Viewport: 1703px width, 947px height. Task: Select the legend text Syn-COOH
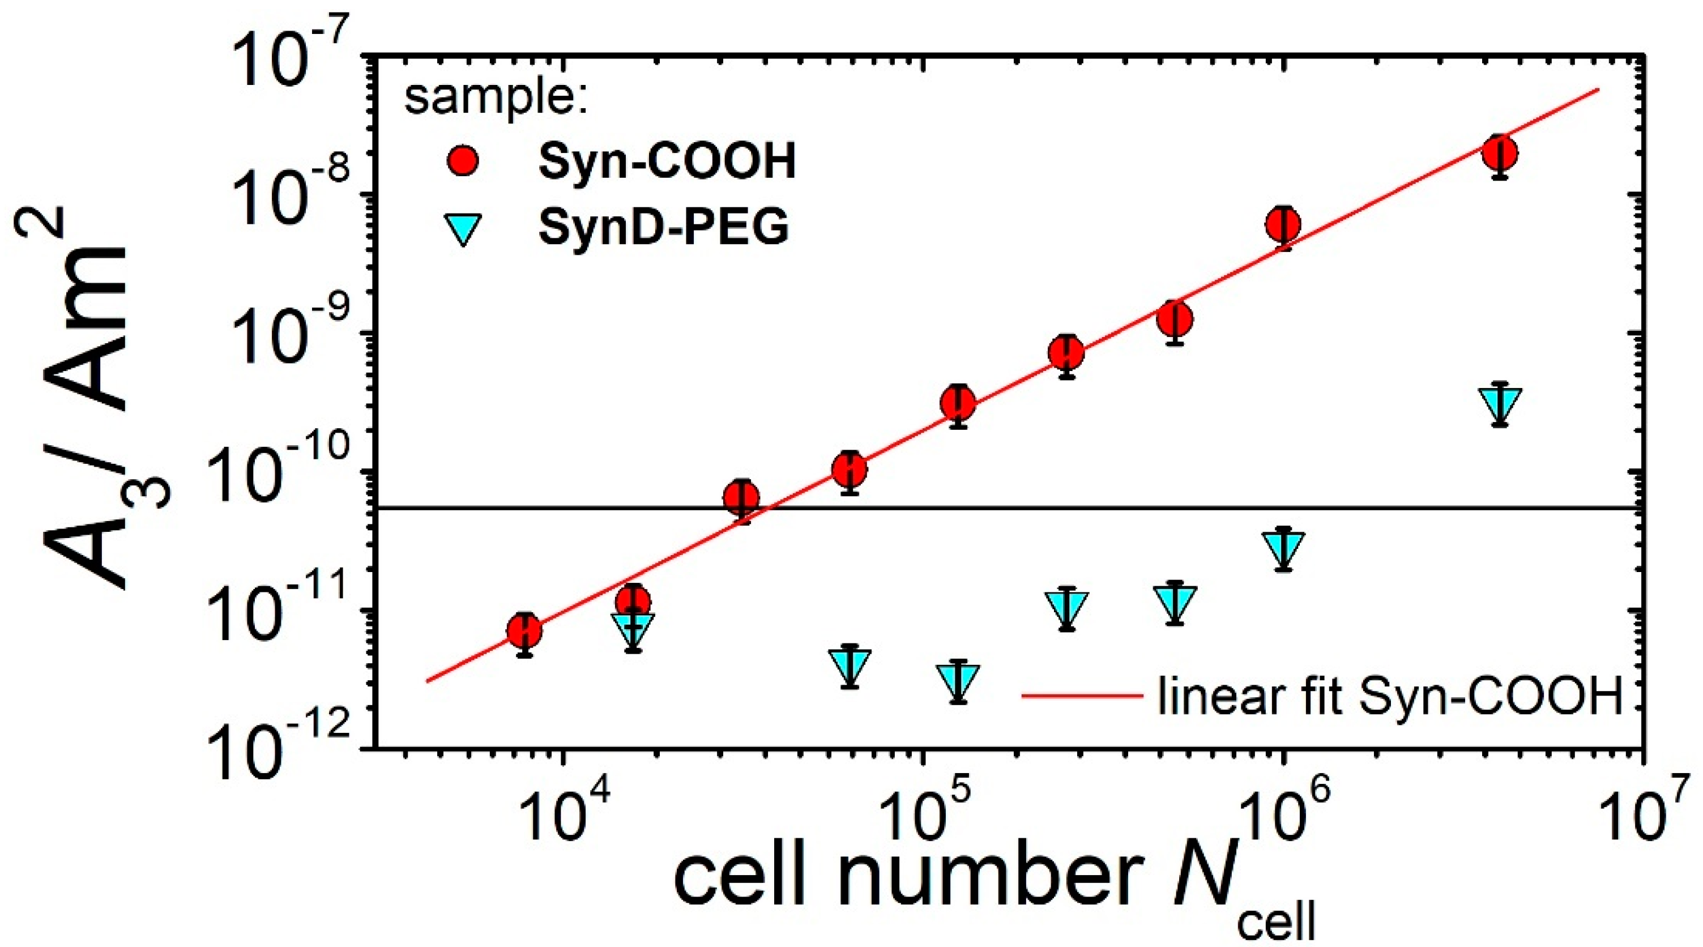point(667,161)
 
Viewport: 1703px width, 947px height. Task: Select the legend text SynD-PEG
point(663,228)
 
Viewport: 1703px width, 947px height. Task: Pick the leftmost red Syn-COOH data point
point(525,631)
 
